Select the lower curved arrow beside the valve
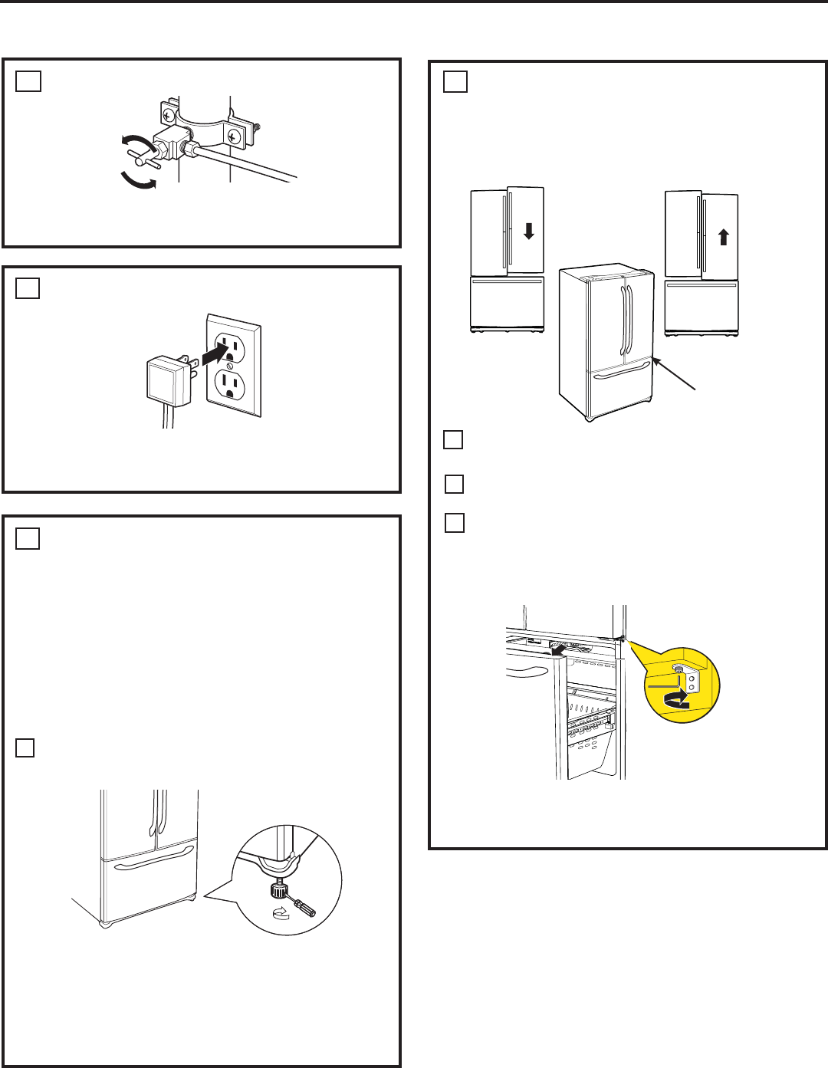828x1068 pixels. pos(140,181)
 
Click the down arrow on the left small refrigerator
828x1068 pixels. pos(528,230)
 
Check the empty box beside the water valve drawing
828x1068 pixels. pos(28,81)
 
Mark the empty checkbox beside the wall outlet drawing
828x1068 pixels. pos(28,288)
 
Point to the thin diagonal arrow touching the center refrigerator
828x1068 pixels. pos(675,375)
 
